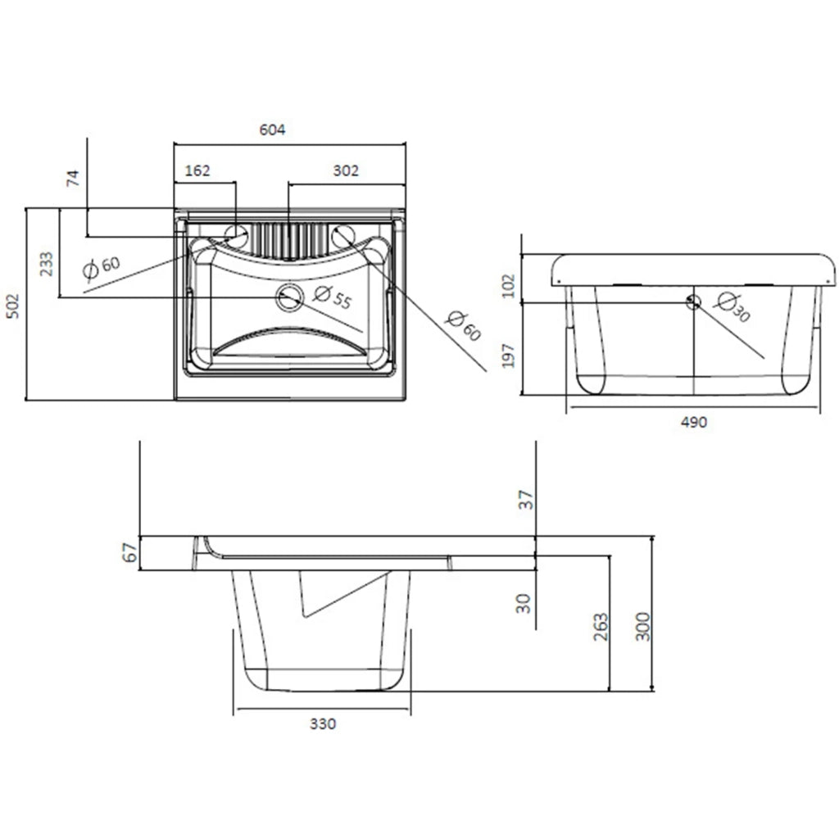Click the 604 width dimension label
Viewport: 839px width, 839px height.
(x=272, y=129)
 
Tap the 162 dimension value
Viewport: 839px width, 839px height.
(x=197, y=170)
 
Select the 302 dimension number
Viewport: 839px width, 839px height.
(x=346, y=170)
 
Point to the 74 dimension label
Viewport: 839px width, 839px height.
(x=73, y=178)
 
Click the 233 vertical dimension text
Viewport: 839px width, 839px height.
(x=47, y=264)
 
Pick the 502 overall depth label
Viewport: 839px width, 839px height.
(x=12, y=306)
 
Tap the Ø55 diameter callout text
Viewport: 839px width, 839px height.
(x=333, y=297)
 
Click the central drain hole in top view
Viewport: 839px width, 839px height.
(x=290, y=297)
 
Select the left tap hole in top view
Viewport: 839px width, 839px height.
(x=235, y=235)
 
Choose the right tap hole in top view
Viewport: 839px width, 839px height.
(x=343, y=236)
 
